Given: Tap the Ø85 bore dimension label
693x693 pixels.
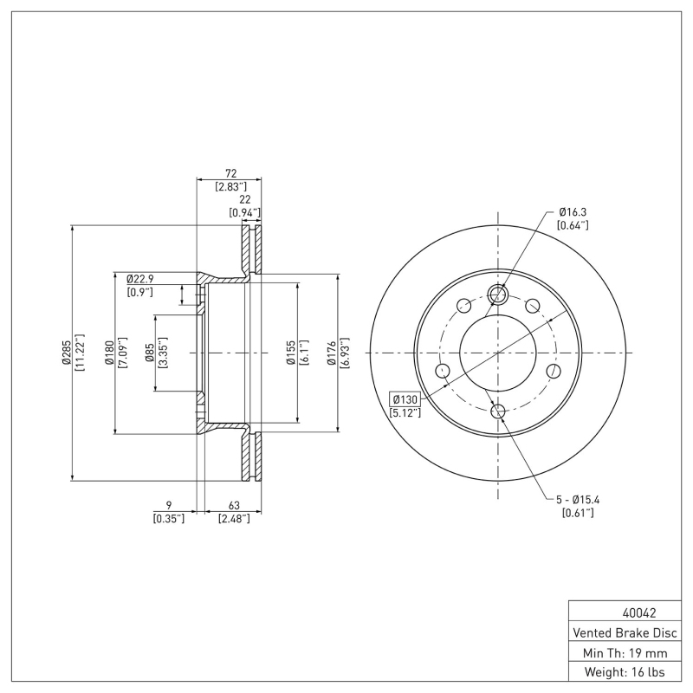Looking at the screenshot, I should click(150, 353).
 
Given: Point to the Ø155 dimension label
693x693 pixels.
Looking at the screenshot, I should click(291, 353).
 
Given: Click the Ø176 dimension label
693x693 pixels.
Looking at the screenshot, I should click(332, 353).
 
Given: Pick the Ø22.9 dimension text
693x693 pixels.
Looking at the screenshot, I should click(139, 279).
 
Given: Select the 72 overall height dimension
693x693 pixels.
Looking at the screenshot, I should click(230, 173).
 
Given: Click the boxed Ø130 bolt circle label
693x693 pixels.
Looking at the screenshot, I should click(405, 399).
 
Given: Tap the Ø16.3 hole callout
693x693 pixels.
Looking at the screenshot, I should click(573, 211).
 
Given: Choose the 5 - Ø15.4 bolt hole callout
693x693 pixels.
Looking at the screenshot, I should click(578, 499).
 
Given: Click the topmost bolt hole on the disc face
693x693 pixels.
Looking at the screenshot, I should click(498, 295).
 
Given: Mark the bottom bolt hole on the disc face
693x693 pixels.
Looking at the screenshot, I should click(498, 411).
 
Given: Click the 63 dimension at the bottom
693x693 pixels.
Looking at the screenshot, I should click(234, 505).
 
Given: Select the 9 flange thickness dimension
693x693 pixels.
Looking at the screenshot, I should click(168, 505).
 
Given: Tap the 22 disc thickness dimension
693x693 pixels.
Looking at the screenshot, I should click(244, 199).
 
